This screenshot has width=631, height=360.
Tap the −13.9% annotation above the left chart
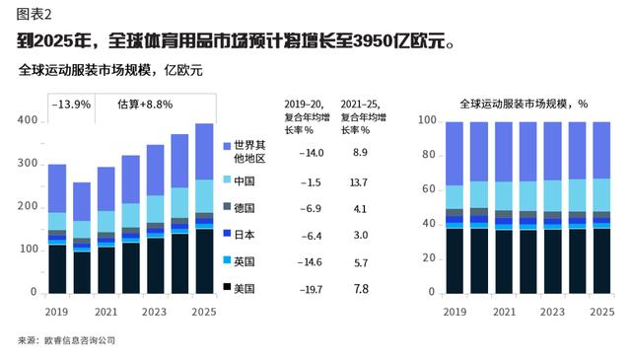pos(71,104)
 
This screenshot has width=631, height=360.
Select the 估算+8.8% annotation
pos(145,104)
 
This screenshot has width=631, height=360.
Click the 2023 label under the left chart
pos(155,311)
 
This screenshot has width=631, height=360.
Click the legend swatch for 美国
pos(226,288)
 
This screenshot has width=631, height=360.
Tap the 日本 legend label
pos(242,234)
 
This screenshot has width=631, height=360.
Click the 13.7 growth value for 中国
pos(359,182)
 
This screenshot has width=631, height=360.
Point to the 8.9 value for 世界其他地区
pos(359,152)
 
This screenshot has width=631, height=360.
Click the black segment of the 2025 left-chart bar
pos(204,260)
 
